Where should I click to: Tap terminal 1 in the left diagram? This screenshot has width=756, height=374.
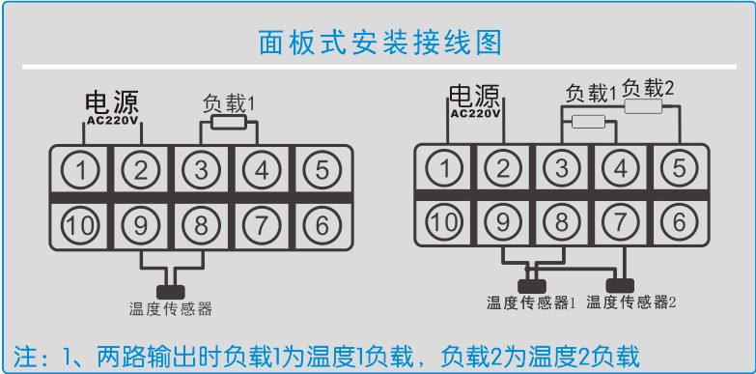point(85,171)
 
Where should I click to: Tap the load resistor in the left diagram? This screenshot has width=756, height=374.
point(228,124)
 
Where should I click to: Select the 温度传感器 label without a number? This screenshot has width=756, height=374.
point(170,309)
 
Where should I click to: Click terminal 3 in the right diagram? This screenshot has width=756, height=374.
point(561,168)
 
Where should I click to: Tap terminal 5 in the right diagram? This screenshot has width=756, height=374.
point(679,168)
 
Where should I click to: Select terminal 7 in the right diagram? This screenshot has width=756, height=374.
point(620,221)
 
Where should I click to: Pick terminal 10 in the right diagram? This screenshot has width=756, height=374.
point(443,221)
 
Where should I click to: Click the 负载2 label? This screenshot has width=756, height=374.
point(648,88)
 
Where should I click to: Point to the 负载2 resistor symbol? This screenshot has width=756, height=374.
point(644,108)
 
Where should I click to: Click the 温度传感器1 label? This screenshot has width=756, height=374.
point(531,302)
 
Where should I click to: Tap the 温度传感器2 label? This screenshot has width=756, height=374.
point(631,302)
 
